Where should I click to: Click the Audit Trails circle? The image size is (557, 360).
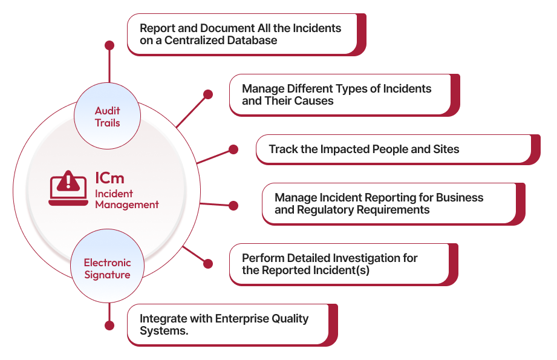[107, 117]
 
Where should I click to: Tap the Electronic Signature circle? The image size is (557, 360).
[107, 269]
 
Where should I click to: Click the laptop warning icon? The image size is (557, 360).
[68, 188]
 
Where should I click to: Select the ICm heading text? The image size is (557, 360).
[109, 178]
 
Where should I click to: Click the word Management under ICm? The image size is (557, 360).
[127, 205]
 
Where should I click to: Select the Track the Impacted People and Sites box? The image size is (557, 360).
[393, 149]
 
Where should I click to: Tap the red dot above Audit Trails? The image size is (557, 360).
[109, 45]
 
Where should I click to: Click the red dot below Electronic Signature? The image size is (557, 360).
[109, 326]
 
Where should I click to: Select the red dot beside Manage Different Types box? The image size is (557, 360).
[208, 94]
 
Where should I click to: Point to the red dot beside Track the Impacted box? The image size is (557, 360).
[233, 149]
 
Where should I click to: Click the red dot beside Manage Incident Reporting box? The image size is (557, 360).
[233, 206]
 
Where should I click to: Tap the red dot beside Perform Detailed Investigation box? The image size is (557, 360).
[208, 264]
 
